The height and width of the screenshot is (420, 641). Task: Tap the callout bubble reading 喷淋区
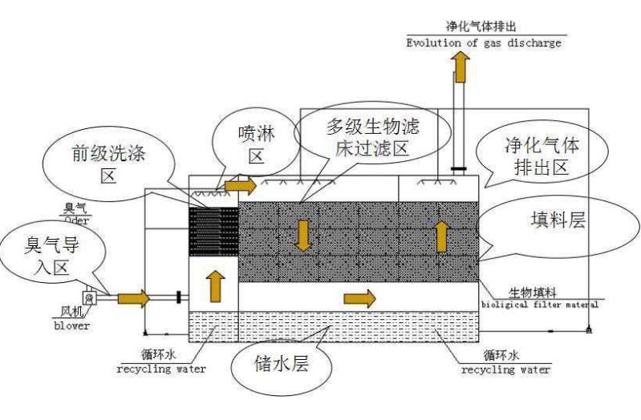pyautogui.click(x=255, y=144)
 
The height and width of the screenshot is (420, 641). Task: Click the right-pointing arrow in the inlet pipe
pyautogui.click(x=134, y=299)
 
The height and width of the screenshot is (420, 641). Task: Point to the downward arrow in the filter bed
pyautogui.click(x=303, y=235)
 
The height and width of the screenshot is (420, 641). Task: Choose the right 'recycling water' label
pyautogui.click(x=505, y=370)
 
